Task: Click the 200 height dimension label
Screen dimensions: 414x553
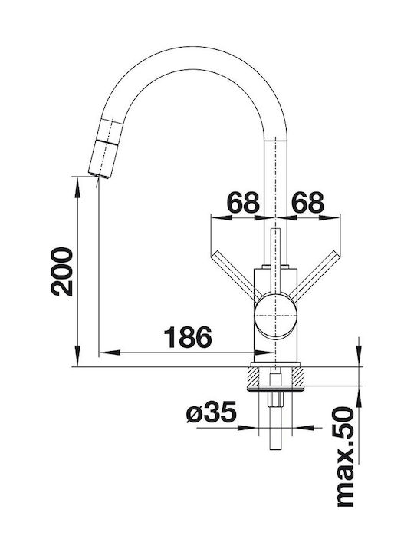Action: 62,271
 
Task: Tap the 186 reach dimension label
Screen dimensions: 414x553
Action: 189,337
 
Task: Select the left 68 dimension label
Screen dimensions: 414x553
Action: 243,203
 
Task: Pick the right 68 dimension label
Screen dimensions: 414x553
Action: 308,203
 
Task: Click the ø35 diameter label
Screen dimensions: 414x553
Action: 212,412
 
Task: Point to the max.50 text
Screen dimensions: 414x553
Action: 345,457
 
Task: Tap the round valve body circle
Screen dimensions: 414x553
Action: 275,315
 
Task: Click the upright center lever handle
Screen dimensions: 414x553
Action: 275,262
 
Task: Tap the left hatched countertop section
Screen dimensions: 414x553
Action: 253,376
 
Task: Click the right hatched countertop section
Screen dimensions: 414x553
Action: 297,376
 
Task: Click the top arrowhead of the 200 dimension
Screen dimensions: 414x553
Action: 77,187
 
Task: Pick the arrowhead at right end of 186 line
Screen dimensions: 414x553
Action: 262,353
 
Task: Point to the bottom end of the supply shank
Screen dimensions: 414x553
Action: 275,449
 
